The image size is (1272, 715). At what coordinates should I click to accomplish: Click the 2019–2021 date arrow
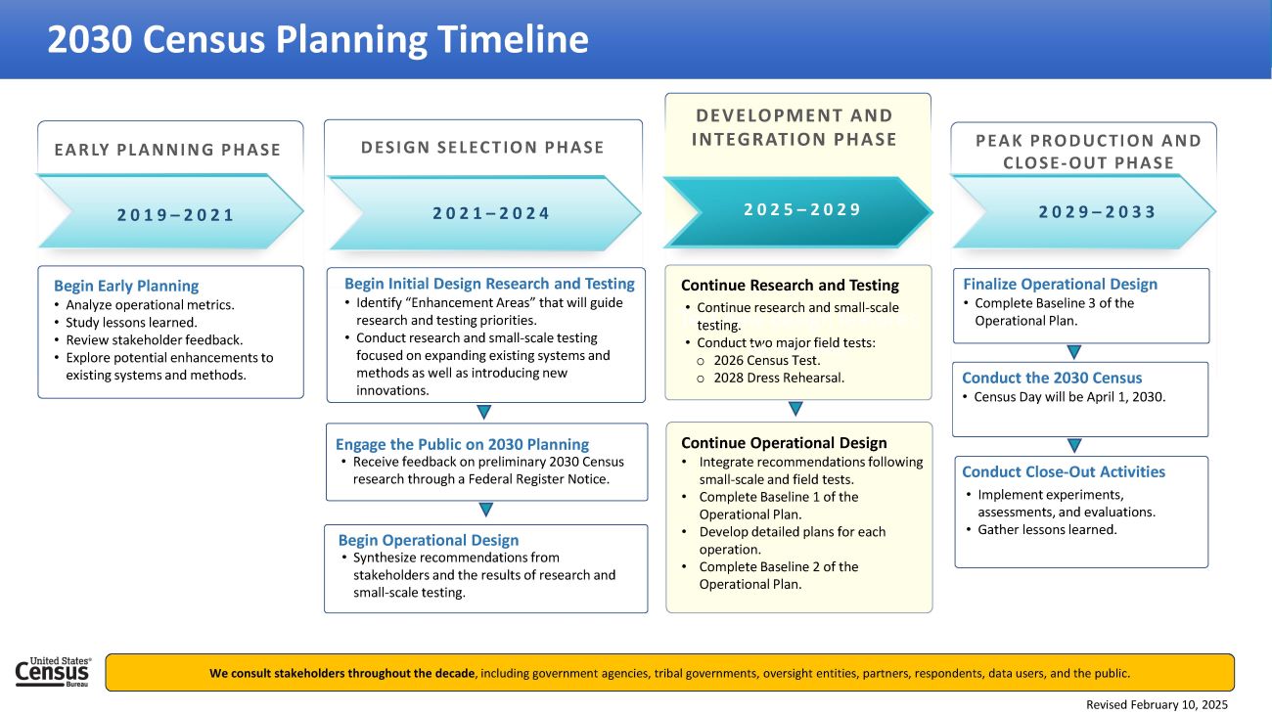[x=170, y=214]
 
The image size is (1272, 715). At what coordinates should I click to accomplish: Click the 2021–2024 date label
[x=491, y=213]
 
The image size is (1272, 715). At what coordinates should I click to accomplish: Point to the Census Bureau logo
[x=54, y=672]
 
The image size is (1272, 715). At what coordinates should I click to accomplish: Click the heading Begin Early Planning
[x=126, y=286]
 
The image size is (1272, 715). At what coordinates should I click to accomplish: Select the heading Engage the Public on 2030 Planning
[x=462, y=444]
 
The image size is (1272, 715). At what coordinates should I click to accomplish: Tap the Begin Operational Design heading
[x=429, y=540]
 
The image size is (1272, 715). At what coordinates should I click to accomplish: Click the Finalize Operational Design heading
[x=1060, y=284]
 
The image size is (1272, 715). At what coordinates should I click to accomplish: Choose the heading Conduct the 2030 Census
[x=1052, y=378]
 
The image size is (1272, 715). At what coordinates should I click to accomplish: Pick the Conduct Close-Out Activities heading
[x=1064, y=471]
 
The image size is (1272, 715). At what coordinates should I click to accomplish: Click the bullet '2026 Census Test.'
[x=767, y=360]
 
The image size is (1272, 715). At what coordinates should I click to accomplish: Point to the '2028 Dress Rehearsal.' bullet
[x=779, y=378]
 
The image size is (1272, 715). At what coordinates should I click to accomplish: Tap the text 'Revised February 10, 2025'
[x=1157, y=704]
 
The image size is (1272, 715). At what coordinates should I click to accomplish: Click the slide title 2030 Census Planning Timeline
[x=318, y=39]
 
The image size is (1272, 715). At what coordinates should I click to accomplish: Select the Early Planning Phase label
[x=167, y=150]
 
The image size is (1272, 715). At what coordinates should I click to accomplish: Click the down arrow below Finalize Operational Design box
[x=1073, y=352]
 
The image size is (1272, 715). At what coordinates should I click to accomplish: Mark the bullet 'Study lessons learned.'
[x=131, y=323]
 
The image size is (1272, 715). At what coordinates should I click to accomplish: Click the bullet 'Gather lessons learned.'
[x=1047, y=529]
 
